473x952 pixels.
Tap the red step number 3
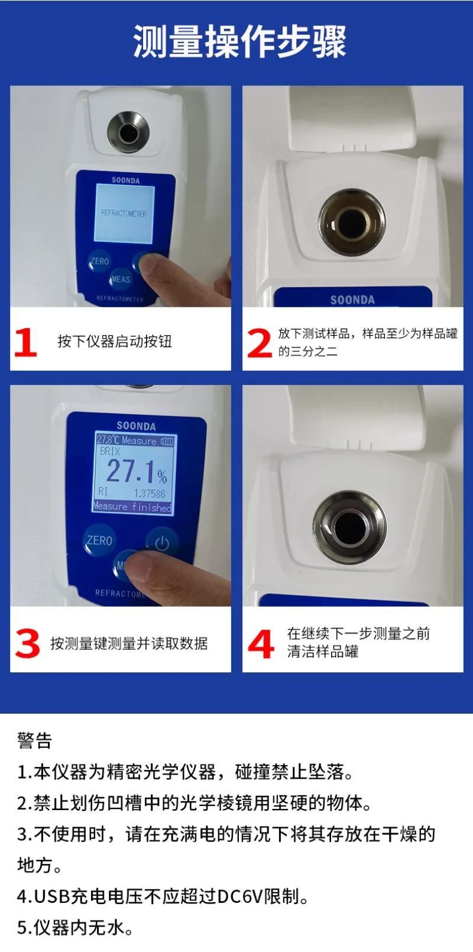(27, 644)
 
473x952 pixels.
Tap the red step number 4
(261, 644)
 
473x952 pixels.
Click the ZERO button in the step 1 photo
(99, 261)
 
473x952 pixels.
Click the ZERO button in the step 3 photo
(99, 540)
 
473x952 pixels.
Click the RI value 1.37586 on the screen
(150, 493)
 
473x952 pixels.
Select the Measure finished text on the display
(132, 507)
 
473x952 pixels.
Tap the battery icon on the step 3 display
(167, 441)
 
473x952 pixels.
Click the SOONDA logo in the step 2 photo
(352, 300)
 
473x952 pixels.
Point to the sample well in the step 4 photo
(349, 526)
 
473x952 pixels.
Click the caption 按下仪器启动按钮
(115, 341)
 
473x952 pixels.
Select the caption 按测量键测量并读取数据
(129, 643)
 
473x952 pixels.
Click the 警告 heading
(34, 740)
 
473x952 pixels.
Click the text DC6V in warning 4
(239, 896)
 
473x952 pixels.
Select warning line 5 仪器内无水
(74, 927)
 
